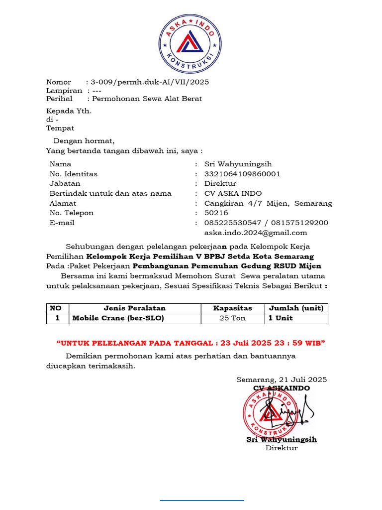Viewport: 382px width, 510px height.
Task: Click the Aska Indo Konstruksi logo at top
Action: coord(191,44)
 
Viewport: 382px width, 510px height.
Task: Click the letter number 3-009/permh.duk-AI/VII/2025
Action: coord(150,82)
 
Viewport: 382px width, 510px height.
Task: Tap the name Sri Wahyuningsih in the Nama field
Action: coord(238,164)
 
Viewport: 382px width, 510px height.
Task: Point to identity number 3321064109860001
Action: coord(242,174)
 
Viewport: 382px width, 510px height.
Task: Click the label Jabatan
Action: coord(65,183)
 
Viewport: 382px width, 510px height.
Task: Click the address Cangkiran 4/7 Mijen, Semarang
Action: coord(268,203)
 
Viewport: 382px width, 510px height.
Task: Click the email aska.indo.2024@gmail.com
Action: coord(256,233)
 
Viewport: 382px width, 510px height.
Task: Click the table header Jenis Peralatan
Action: coord(134,308)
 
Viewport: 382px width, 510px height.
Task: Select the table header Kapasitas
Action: coord(232,308)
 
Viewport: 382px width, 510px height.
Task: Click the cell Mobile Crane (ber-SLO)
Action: coord(118,318)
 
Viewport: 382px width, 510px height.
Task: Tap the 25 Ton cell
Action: coord(232,318)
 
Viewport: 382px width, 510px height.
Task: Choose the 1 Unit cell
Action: coord(281,318)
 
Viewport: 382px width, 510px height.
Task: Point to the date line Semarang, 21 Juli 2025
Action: coord(282,380)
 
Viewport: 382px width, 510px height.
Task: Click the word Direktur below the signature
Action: coord(282,448)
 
